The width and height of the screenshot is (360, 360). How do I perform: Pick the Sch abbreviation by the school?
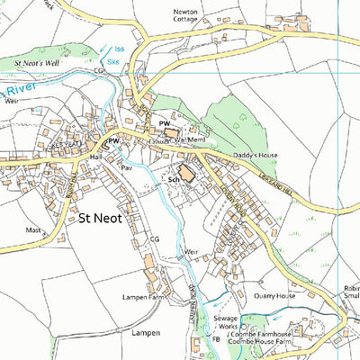tap(174, 180)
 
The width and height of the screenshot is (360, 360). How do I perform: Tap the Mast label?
tap(34, 230)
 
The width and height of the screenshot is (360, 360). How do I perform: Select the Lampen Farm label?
tap(146, 295)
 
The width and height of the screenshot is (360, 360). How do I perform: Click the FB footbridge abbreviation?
tap(216, 339)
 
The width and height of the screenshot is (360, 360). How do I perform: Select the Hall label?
tap(96, 156)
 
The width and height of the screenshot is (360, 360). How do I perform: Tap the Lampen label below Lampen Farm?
tap(144, 333)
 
